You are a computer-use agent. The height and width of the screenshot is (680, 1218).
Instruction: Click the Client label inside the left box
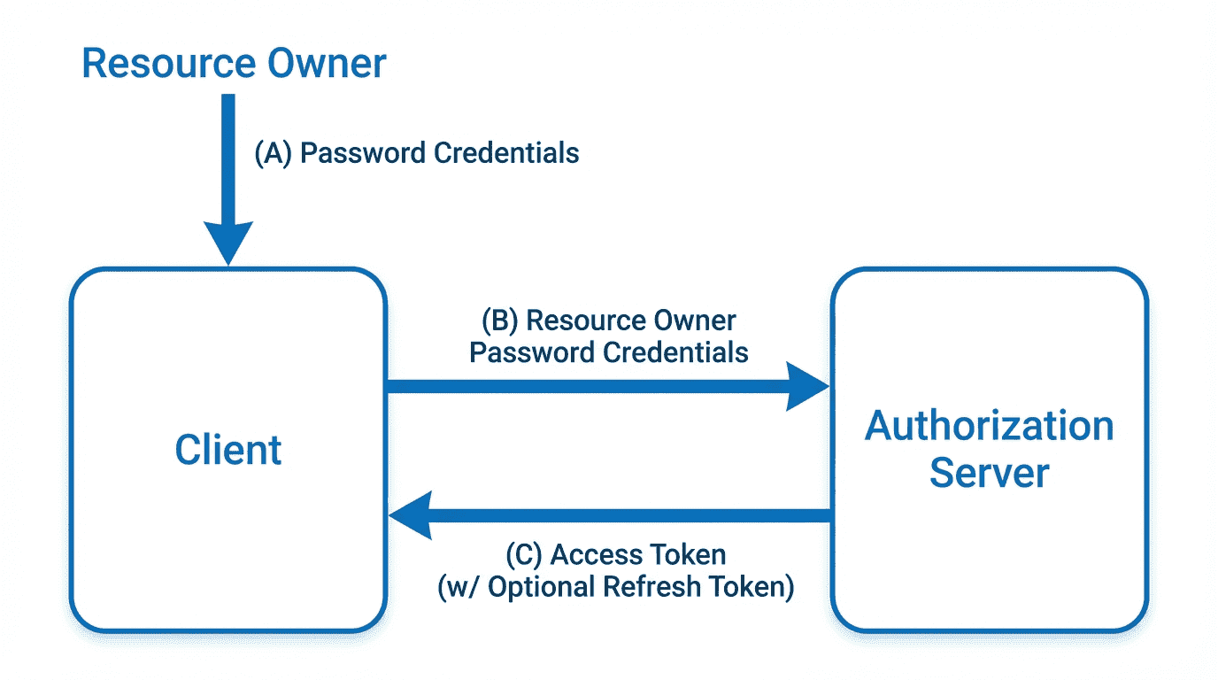click(228, 450)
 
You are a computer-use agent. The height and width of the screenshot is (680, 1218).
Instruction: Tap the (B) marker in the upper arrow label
click(499, 321)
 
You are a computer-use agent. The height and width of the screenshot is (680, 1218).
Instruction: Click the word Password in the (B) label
click(520, 352)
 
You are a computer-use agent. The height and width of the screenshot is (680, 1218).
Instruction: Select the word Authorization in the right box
click(989, 426)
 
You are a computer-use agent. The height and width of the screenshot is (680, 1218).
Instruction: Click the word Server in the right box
click(989, 473)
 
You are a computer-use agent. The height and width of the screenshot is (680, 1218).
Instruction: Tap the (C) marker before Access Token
click(523, 555)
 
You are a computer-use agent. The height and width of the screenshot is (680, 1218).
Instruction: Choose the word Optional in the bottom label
click(541, 587)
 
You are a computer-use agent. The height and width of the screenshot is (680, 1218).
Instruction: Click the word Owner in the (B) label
click(694, 321)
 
